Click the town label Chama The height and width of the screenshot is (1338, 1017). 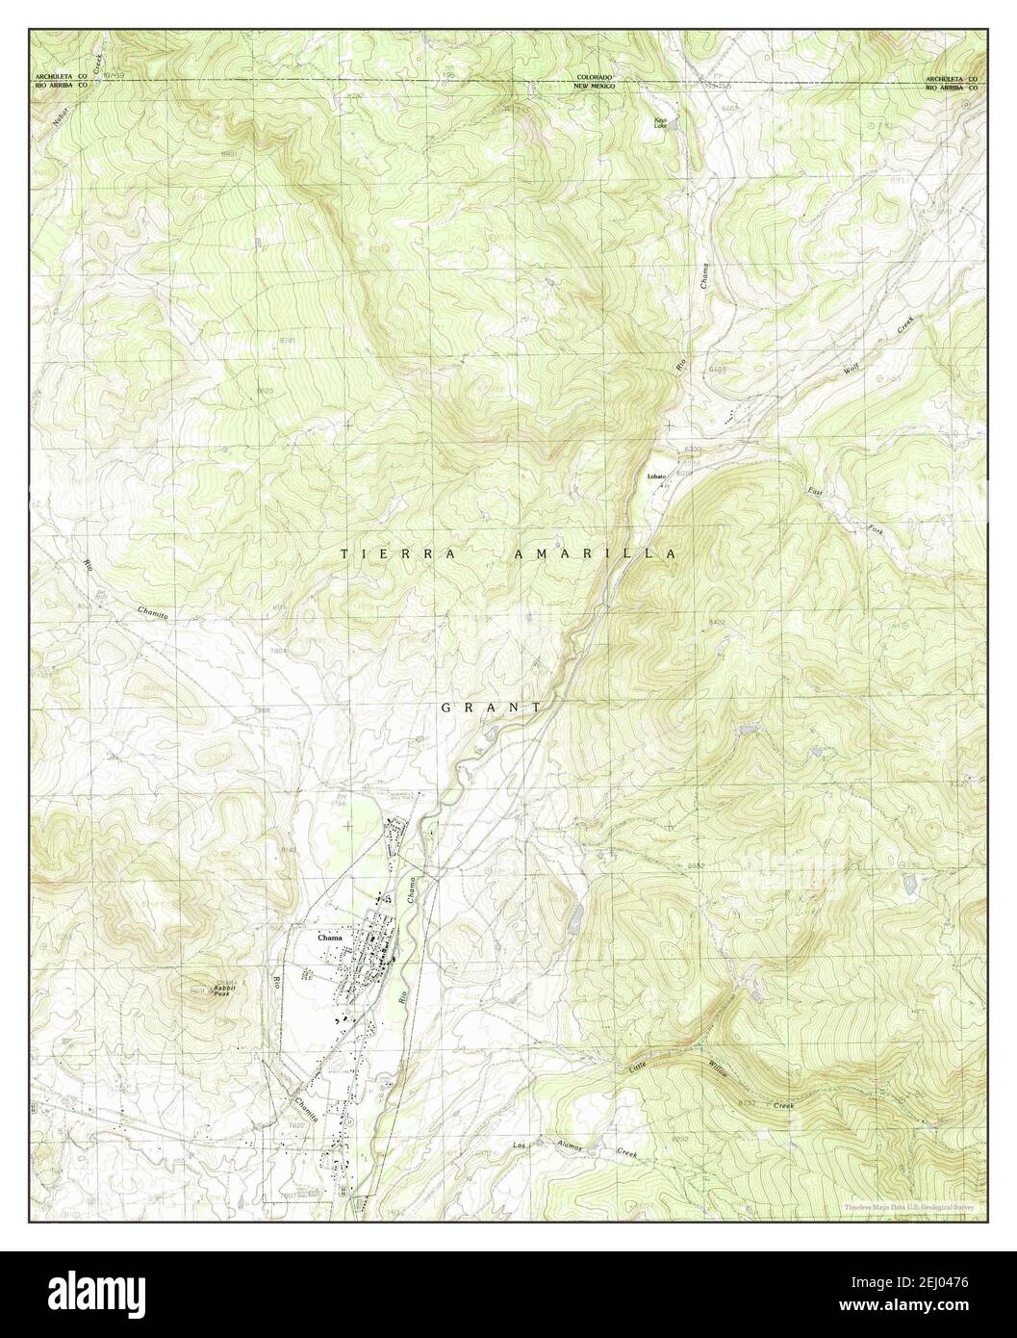[x=331, y=935]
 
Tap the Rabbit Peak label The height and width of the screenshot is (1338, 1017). [x=226, y=991]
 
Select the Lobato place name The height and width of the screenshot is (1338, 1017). [x=656, y=476]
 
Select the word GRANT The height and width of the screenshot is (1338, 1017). [x=491, y=708]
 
